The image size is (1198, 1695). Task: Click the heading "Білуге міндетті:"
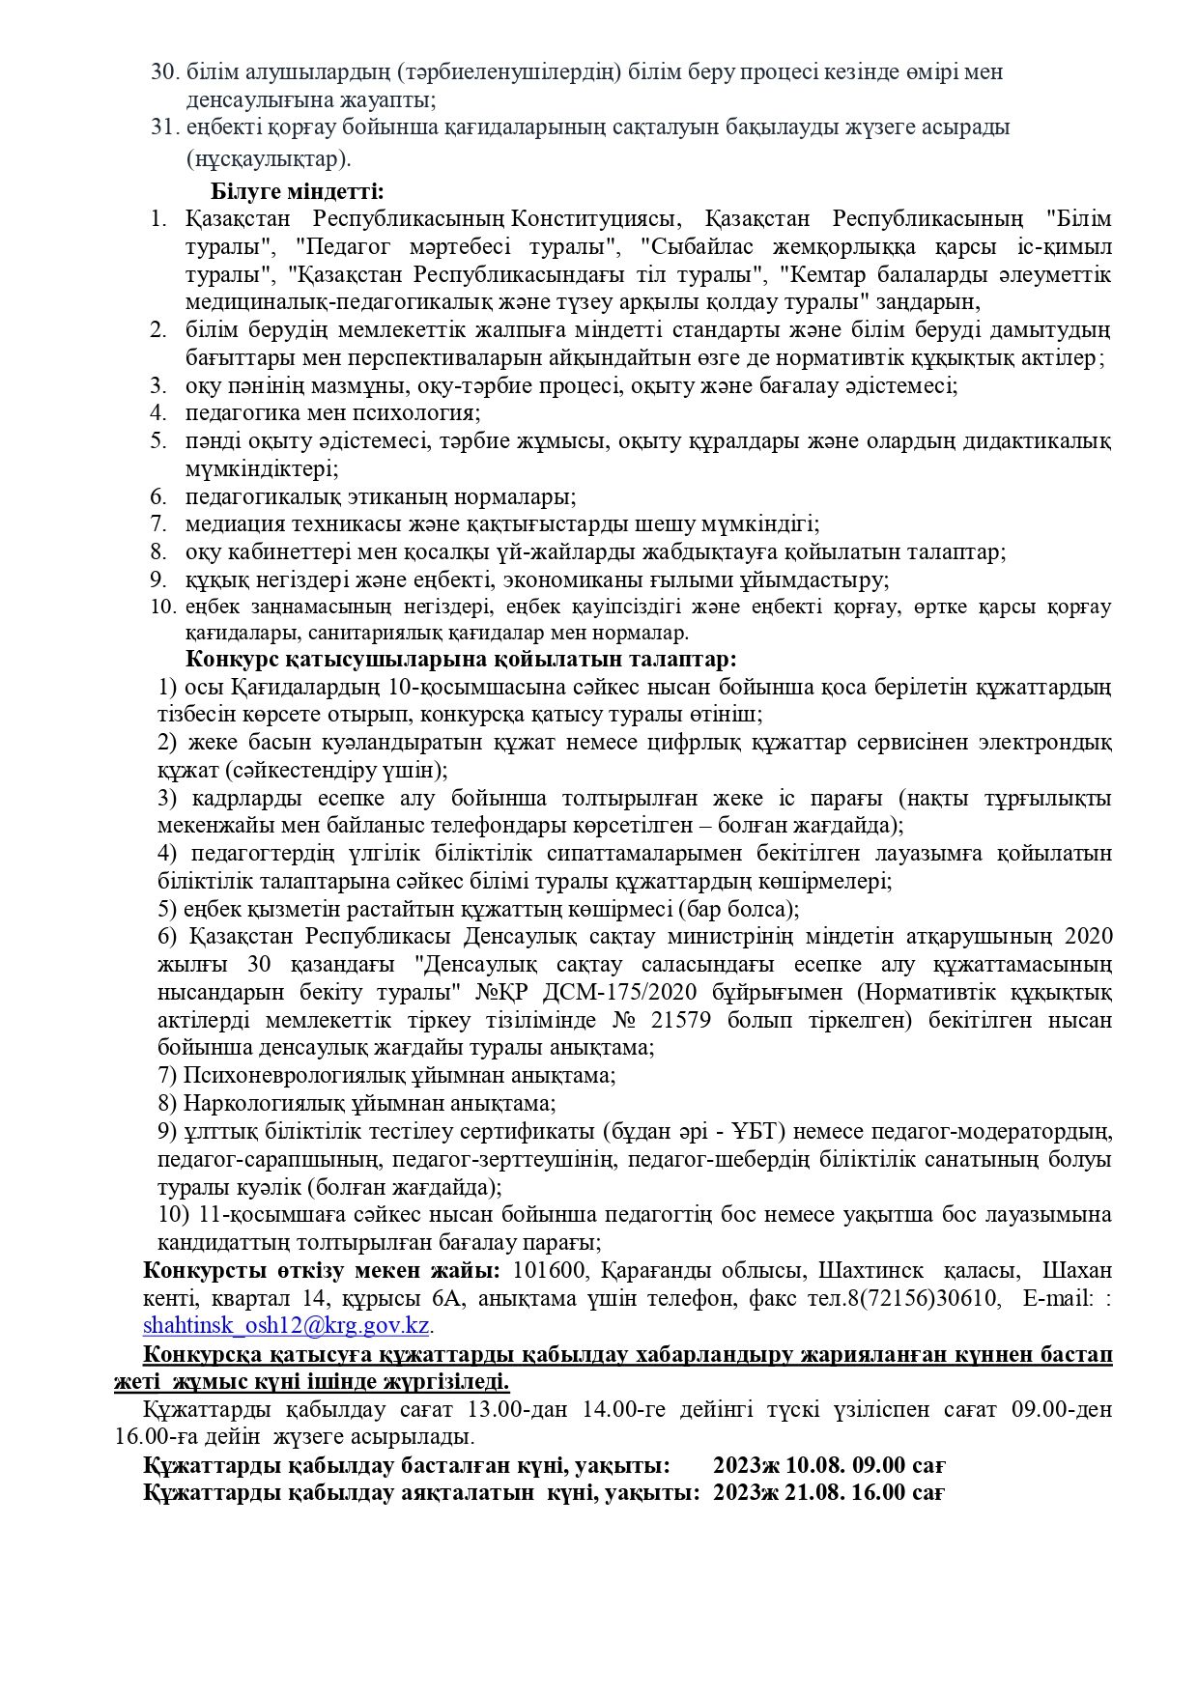click(x=298, y=190)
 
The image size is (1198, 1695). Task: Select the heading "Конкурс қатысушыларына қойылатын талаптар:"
click(x=461, y=661)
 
